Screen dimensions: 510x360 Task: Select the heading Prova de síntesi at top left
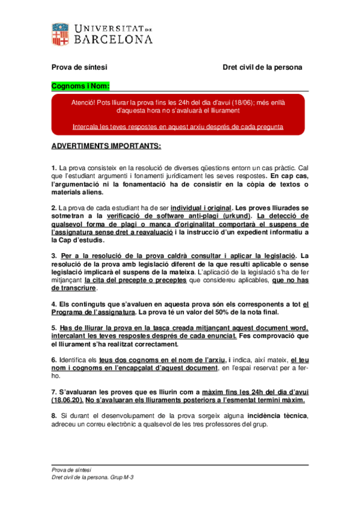[x=79, y=67]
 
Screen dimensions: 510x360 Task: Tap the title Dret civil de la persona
[x=262, y=67]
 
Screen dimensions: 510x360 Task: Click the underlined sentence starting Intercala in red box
[x=178, y=127]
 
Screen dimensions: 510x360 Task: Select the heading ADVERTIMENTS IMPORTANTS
[x=106, y=146]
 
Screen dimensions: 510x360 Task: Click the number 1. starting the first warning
[x=54, y=167]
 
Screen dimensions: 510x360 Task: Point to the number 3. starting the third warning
[x=54, y=256]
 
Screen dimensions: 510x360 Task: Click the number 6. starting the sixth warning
[x=54, y=359]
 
